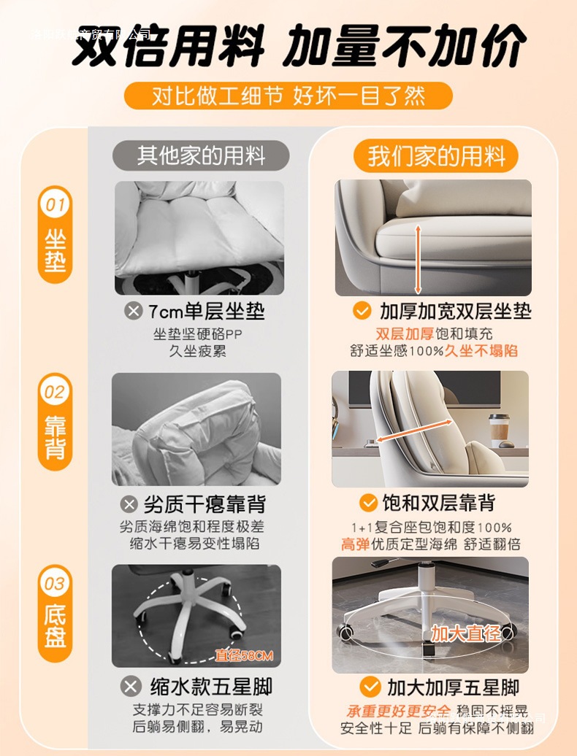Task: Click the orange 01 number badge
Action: [x=55, y=205]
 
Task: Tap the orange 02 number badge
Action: [x=55, y=392]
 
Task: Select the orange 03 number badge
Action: [x=55, y=583]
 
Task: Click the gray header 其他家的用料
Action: [x=201, y=155]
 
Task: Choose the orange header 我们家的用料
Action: [x=436, y=156]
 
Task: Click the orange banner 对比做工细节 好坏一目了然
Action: [x=288, y=96]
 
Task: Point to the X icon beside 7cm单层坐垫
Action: [x=134, y=312]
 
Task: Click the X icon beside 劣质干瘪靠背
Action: [x=129, y=504]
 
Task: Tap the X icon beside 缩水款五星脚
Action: [x=131, y=687]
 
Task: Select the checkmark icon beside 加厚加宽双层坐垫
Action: [x=362, y=311]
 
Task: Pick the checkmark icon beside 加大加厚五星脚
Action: [x=371, y=687]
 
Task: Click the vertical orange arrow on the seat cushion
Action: [x=419, y=258]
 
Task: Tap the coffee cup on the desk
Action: [x=500, y=428]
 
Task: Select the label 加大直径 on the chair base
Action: [x=465, y=633]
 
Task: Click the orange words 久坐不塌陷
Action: [x=481, y=351]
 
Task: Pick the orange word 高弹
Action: [x=356, y=544]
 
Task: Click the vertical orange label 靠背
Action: [x=55, y=438]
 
